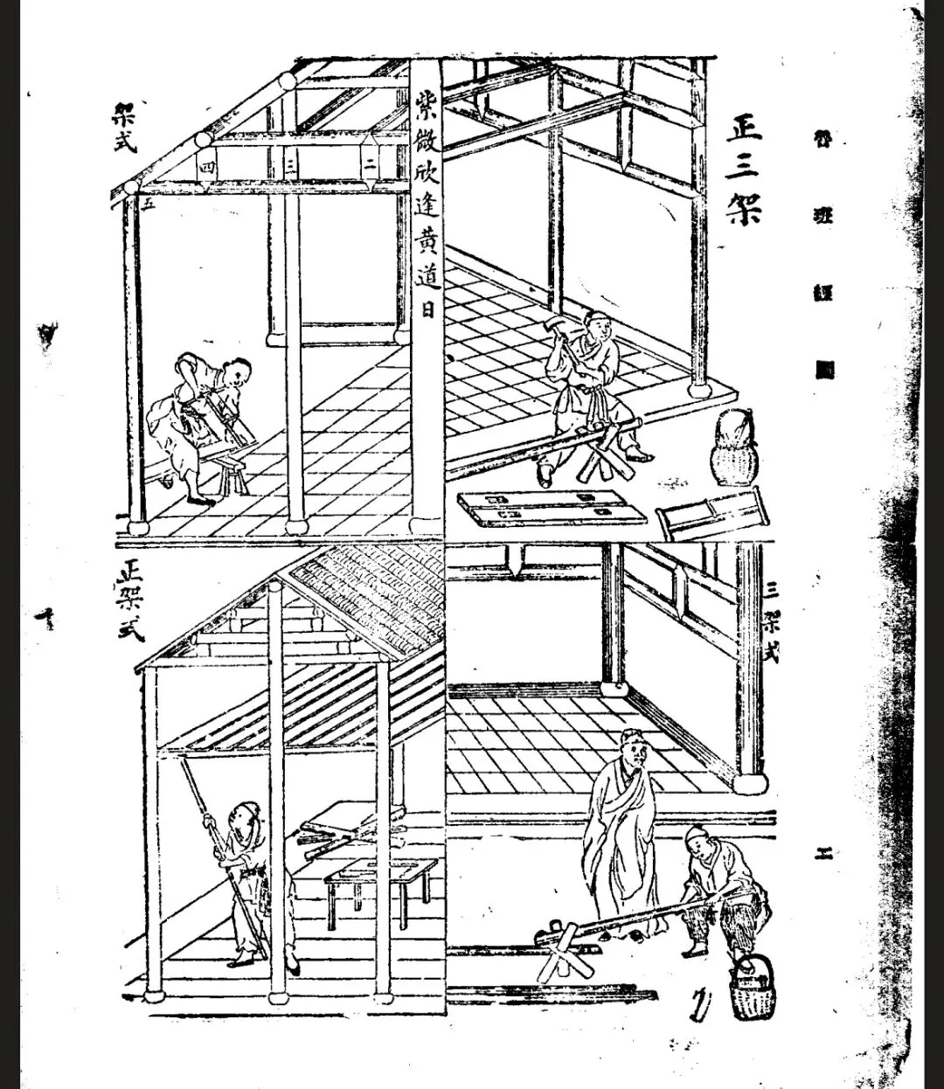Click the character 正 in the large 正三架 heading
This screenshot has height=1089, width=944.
point(744,128)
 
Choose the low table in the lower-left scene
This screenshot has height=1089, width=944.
point(380,883)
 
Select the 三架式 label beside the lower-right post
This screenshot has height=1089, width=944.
point(772,621)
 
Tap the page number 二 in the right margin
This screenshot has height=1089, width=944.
point(823,854)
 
